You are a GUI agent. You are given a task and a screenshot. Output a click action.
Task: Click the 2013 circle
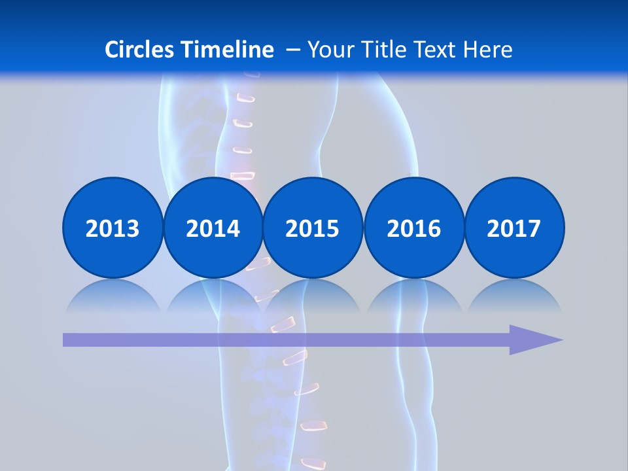[x=113, y=228]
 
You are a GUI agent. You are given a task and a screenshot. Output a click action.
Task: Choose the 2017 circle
[x=514, y=228]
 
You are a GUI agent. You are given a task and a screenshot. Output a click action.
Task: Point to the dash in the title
[x=293, y=50]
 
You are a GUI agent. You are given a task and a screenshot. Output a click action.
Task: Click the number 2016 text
[x=413, y=228]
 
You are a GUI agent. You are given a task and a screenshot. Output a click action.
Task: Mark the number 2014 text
[x=213, y=228]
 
